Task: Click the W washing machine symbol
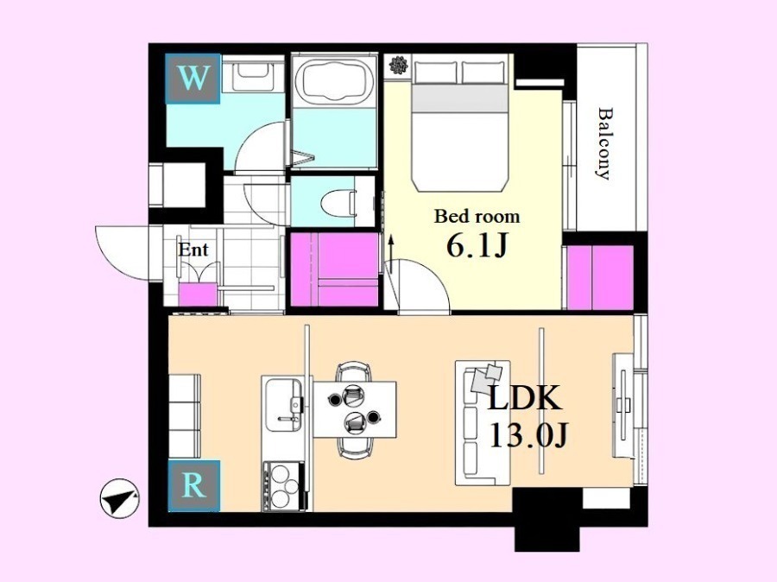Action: [193, 79]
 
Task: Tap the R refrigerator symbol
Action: [193, 485]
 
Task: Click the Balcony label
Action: [603, 143]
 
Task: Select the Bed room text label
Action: [477, 217]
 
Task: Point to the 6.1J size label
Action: [477, 245]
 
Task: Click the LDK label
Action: [525, 397]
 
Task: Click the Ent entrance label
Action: [193, 250]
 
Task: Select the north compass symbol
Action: [119, 498]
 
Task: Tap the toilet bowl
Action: [339, 203]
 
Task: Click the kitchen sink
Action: [283, 406]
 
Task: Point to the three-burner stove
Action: [283, 486]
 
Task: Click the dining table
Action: [355, 409]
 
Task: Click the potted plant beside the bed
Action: [398, 65]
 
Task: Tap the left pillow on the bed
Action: [435, 72]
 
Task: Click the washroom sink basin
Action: [252, 76]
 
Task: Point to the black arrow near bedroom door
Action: [391, 255]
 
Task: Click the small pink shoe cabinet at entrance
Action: [198, 294]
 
